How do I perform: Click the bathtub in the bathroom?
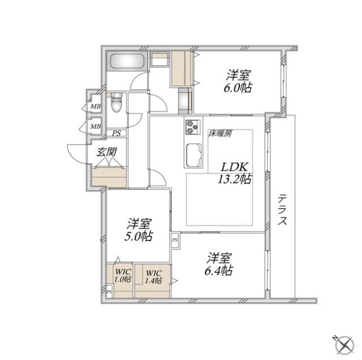tap(127, 60)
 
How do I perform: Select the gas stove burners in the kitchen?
tap(191, 128)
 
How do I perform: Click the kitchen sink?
tap(193, 153)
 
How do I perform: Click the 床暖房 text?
tap(220, 134)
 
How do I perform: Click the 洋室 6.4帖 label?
tap(218, 263)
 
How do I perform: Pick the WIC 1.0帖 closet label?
tap(123, 275)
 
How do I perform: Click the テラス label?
tap(282, 210)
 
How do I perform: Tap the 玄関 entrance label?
tap(106, 151)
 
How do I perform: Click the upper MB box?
tap(95, 106)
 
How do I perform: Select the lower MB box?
tap(95, 127)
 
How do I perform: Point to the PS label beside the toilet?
tap(116, 133)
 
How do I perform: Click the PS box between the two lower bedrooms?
tap(175, 240)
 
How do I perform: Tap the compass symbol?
tap(342, 342)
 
